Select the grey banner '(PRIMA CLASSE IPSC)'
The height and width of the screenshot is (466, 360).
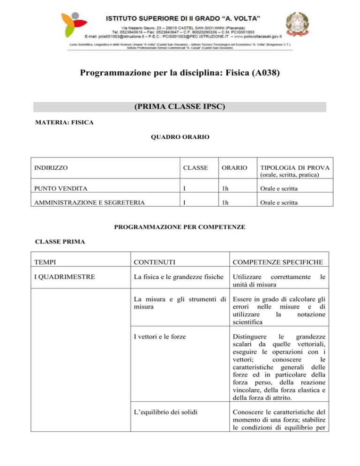point(180,107)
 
